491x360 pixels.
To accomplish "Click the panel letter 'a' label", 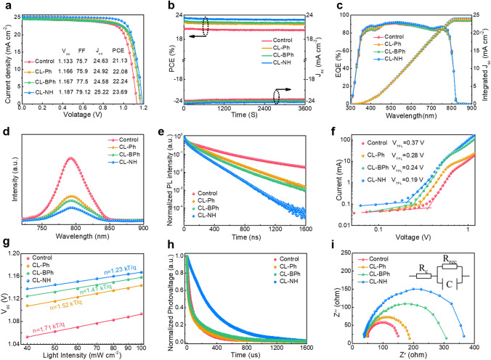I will point(5,6).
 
